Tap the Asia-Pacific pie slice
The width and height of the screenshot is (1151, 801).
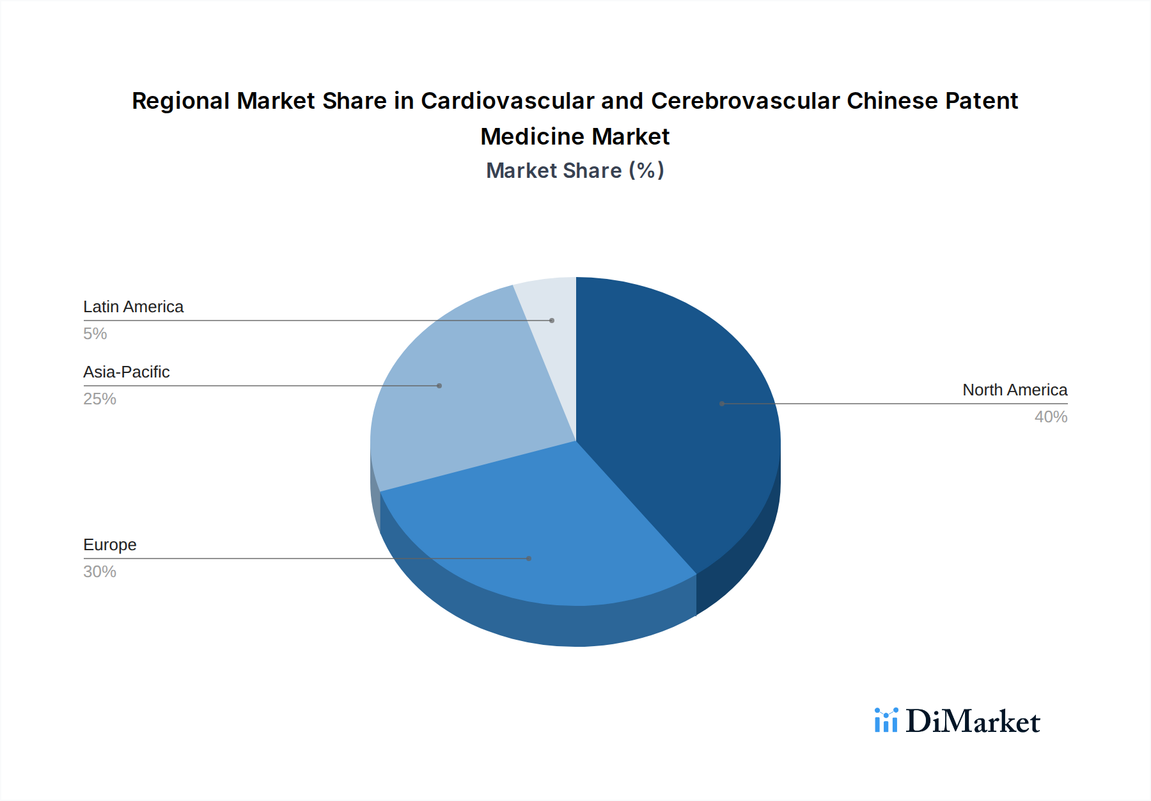(460, 409)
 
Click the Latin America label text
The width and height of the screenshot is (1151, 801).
(133, 307)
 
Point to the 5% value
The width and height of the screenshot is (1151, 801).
(95, 334)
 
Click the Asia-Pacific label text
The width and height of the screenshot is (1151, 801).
(126, 372)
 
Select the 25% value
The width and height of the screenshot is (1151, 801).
(99, 399)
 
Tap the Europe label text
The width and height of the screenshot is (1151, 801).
(109, 545)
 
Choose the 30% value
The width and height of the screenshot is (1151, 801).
(99, 572)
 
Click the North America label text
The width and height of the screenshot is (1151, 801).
(1015, 390)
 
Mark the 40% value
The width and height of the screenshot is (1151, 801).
(1051, 417)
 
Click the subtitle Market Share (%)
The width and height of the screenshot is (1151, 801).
(575, 171)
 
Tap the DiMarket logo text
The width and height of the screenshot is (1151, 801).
(973, 722)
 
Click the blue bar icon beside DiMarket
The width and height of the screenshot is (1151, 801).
(886, 720)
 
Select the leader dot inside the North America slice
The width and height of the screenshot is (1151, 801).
(722, 404)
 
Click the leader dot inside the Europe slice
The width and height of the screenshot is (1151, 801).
(529, 559)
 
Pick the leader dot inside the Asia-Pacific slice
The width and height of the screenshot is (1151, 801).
(439, 386)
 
